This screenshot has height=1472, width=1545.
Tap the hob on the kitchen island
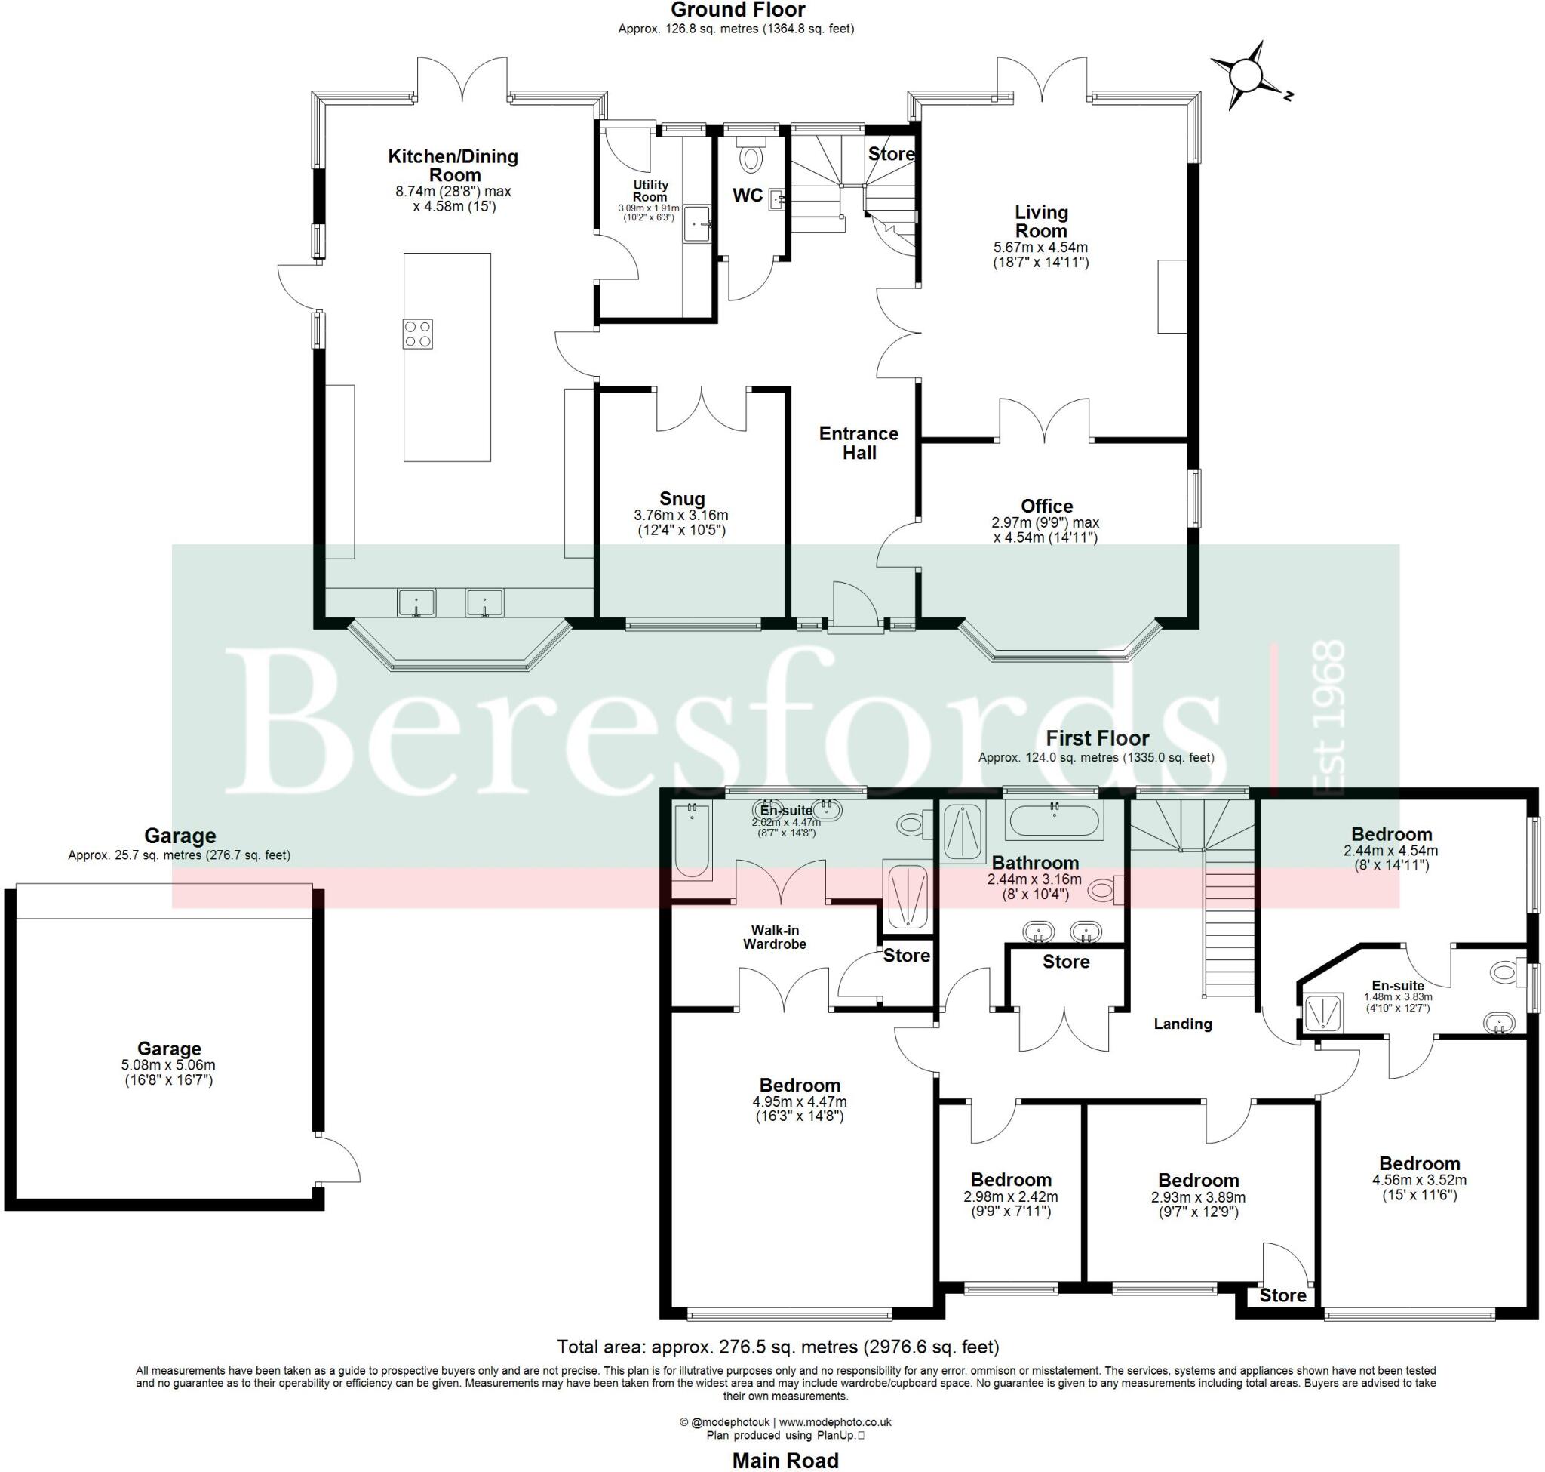(x=417, y=334)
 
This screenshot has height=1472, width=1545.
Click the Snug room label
(x=681, y=499)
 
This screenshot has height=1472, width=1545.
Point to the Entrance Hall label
(x=859, y=442)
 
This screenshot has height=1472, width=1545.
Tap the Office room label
(x=1046, y=506)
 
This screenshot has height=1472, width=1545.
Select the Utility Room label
(x=650, y=191)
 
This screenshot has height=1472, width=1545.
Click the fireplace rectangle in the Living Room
(x=1172, y=297)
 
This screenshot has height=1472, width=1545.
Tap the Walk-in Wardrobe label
(x=774, y=938)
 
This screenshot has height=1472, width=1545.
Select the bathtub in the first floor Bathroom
(x=1053, y=821)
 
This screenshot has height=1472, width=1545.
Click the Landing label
(x=1182, y=1024)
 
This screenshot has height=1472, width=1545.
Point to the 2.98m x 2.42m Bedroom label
(x=1010, y=1180)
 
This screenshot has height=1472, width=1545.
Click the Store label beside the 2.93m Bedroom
(x=1282, y=1295)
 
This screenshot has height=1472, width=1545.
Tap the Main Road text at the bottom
(x=785, y=1460)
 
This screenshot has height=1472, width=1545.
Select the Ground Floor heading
(x=737, y=11)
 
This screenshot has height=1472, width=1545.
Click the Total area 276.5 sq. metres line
(x=777, y=1347)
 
